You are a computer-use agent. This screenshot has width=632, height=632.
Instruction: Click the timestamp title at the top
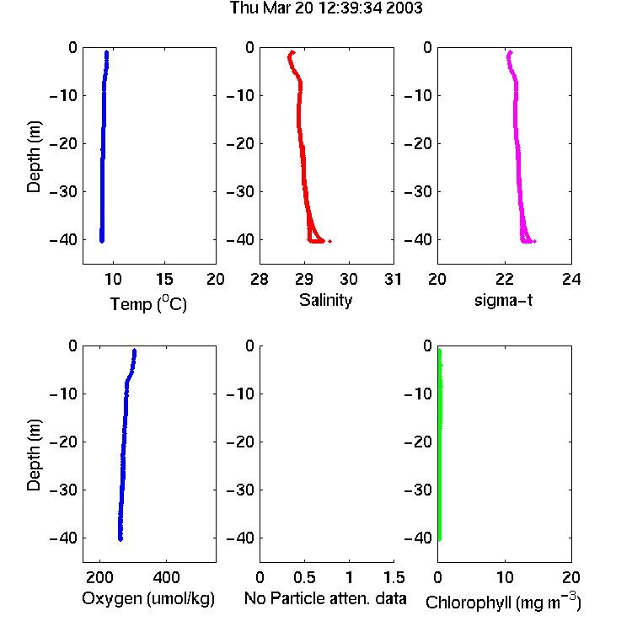[x=326, y=8]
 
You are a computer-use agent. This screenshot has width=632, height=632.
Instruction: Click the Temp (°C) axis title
[x=148, y=303]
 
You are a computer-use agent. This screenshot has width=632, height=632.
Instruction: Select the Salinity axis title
[x=325, y=300]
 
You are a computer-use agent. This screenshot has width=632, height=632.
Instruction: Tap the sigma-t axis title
[x=503, y=300]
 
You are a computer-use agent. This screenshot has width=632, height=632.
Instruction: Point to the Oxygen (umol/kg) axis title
[x=148, y=598]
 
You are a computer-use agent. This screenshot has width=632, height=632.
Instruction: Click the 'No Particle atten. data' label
[x=325, y=598]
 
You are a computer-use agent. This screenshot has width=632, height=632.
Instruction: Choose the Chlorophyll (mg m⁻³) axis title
[x=503, y=602]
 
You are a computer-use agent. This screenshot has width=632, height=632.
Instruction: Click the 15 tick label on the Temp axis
[x=164, y=279]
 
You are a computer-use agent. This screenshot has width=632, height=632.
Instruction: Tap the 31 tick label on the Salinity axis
[x=393, y=279]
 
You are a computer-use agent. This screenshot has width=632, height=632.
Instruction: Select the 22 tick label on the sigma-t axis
[x=505, y=279]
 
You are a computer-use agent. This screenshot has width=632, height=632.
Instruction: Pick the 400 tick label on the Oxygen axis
[x=167, y=577]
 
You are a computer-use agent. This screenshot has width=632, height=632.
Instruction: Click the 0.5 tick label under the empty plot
[x=304, y=577]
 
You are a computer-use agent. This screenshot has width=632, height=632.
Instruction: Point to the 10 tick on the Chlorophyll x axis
[x=505, y=577]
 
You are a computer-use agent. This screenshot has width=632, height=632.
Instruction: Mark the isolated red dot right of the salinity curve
[x=330, y=241]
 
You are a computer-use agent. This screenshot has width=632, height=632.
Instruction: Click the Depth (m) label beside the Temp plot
[x=34, y=157]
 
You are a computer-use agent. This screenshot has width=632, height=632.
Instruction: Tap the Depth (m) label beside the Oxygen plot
[x=34, y=455]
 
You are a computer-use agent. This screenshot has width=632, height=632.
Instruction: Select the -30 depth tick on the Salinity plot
[x=240, y=191]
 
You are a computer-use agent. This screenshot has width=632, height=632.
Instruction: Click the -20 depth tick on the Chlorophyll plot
[x=418, y=442]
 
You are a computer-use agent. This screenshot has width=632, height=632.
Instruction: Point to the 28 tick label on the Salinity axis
[x=260, y=279]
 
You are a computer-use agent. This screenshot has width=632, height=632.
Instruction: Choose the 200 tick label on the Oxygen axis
[x=99, y=577]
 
